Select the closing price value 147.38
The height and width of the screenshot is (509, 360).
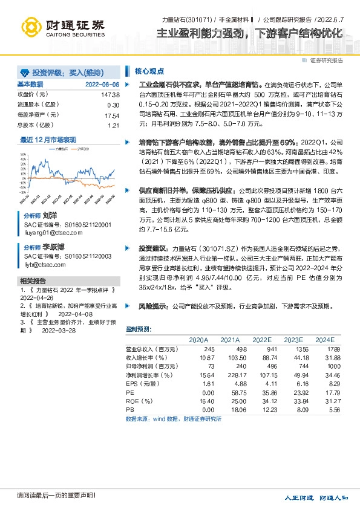click(111, 95)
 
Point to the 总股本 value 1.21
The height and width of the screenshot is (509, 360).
click(114, 125)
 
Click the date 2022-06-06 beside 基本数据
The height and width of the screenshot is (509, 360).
click(102, 84)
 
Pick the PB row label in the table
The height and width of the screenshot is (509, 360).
click(129, 409)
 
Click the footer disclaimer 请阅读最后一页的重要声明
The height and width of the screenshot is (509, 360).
click(48, 496)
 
